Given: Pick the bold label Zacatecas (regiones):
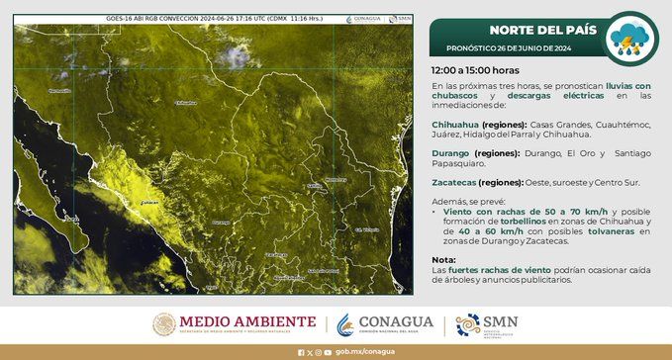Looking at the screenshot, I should coord(473,183).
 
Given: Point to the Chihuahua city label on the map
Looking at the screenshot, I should coord(185,102).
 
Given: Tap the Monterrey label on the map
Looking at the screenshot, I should coord(336,180).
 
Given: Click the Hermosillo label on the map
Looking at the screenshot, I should coord(59,90).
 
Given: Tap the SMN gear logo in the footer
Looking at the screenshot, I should coord(467,324).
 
